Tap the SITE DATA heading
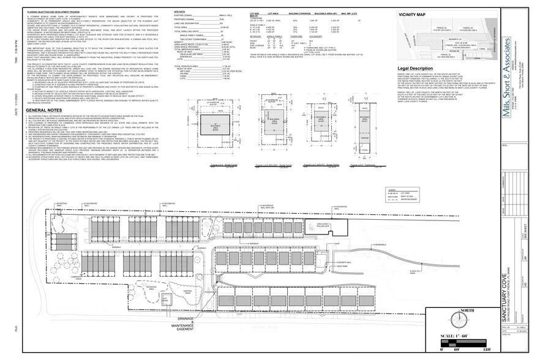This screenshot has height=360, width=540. [179, 11]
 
